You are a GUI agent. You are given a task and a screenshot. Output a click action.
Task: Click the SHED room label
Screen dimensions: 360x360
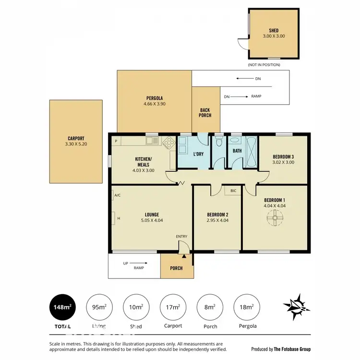(x=274, y=30)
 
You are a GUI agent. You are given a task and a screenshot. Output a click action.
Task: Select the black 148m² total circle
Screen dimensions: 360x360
(x=63, y=307)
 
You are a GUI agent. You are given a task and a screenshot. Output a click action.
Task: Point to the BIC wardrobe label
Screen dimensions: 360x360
(x=233, y=191)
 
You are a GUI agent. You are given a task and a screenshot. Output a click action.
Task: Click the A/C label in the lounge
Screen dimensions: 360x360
(x=118, y=195)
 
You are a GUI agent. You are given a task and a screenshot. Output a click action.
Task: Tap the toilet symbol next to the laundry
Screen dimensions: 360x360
(x=219, y=142)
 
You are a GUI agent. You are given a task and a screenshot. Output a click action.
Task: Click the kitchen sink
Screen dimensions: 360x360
(x=152, y=141)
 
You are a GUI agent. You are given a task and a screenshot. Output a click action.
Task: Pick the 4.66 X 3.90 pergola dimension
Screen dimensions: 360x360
(x=154, y=104)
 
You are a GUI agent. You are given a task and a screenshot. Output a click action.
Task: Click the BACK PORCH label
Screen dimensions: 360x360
(x=205, y=113)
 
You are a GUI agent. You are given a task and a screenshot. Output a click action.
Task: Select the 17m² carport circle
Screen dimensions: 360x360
(x=172, y=307)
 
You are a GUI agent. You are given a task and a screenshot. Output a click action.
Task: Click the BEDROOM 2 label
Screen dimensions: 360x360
(x=217, y=215)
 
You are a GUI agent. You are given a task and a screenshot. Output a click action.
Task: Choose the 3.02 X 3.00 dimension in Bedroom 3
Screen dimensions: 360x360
(x=283, y=162)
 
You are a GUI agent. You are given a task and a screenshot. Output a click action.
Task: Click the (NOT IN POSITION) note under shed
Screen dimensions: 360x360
(x=264, y=64)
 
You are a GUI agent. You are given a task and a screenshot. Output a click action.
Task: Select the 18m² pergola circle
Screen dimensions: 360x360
(x=246, y=307)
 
